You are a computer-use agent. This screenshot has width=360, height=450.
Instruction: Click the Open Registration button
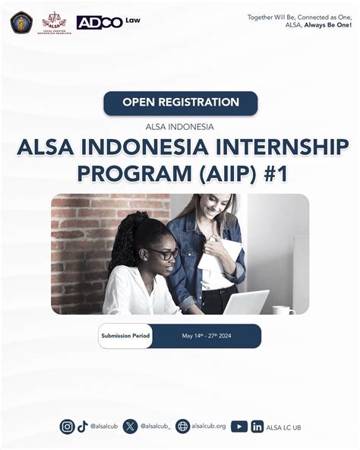(180, 103)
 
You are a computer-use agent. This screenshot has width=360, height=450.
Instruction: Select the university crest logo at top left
(21, 22)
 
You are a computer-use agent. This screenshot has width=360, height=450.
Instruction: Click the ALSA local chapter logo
(54, 22)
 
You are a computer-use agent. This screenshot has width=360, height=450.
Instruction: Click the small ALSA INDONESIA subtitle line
(180, 126)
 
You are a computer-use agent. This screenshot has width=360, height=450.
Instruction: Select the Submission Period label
(125, 335)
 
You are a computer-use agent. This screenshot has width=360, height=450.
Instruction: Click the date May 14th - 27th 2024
(205, 335)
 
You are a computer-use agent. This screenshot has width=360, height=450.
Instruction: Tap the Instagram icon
(68, 426)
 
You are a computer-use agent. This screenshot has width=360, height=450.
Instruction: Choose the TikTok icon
(83, 426)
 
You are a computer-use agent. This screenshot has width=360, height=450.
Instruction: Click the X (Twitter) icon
(131, 426)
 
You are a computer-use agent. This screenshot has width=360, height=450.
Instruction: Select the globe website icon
(182, 426)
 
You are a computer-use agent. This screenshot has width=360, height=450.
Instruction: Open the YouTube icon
(239, 426)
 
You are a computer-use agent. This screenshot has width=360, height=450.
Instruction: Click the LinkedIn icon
(257, 426)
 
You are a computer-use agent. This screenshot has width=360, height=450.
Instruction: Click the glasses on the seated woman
(163, 253)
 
